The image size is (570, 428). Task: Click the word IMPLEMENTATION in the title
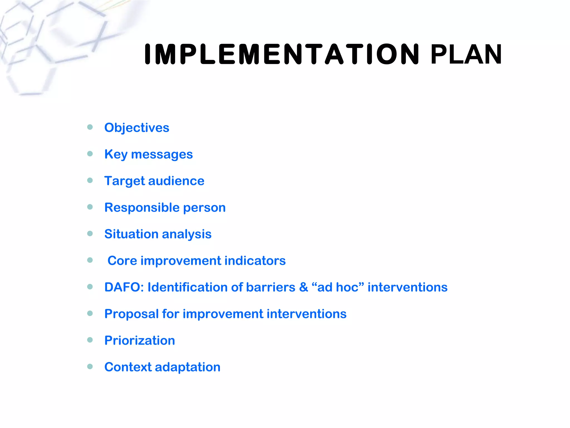tap(282, 54)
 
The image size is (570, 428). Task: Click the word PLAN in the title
tap(466, 54)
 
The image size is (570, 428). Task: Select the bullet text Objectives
tap(137, 128)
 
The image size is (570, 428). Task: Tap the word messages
tap(162, 155)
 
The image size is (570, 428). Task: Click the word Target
tap(124, 181)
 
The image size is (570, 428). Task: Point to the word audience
tap(176, 181)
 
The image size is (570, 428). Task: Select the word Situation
tap(131, 234)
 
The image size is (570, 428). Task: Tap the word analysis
tap(186, 234)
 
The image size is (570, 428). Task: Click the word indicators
tap(255, 261)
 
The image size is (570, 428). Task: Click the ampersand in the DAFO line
tap(304, 287)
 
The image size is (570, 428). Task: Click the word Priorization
tap(139, 341)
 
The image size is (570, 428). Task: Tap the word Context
tap(127, 367)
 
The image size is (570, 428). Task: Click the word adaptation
tap(188, 367)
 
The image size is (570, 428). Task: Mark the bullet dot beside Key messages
tap(90, 154)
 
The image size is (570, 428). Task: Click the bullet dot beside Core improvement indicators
tap(90, 260)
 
